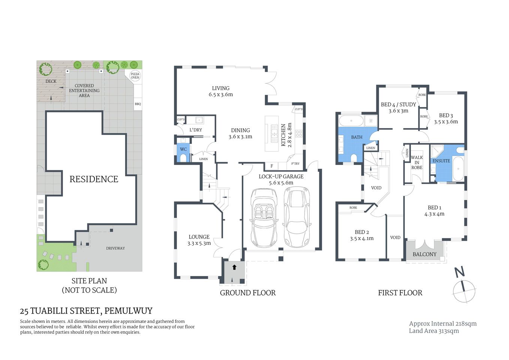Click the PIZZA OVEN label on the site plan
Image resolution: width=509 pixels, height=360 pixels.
[135, 76]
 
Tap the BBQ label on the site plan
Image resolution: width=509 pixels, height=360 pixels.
[138, 104]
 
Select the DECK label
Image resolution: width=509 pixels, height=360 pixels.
[51, 81]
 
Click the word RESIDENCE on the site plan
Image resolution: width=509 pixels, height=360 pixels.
[94, 179]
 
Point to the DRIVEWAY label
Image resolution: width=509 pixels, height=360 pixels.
[115, 248]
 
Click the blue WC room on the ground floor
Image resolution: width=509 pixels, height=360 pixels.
[183, 152]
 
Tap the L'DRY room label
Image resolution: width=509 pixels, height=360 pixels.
[196, 130]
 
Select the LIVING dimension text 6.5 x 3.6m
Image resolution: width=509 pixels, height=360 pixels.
[221, 94]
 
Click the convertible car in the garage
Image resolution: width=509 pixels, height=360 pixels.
[264, 217]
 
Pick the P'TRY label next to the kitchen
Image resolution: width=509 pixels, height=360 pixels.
[295, 163]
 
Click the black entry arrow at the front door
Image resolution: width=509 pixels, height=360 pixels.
[234, 267]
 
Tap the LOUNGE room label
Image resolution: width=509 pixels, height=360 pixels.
[199, 237]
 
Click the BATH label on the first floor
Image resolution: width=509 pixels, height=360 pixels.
[356, 137]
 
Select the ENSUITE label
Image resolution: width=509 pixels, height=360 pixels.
[441, 161]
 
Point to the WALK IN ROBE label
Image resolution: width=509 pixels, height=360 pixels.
[417, 162]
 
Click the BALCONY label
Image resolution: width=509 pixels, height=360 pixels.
[424, 254]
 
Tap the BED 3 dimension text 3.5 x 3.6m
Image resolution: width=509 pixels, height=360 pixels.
[446, 122]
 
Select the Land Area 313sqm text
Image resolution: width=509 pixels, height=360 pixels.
[434, 331]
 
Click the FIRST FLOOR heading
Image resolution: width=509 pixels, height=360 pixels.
[400, 293]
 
